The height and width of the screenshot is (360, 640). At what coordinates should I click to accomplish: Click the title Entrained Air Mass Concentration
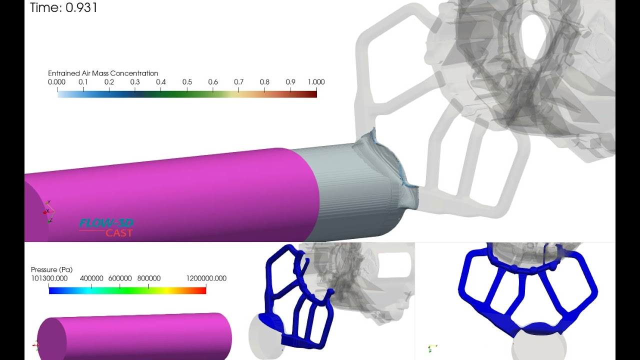point(103,73)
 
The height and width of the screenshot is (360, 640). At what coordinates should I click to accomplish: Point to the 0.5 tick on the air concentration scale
point(187,82)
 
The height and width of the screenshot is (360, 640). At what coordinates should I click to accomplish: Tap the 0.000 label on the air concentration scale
point(56,82)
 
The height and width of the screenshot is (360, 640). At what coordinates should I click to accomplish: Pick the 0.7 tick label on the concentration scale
point(238,82)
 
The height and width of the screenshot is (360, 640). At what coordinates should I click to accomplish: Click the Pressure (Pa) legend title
point(51,270)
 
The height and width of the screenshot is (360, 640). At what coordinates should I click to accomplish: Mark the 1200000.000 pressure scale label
point(206,278)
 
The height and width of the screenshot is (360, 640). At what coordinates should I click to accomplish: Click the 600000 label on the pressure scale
point(119,278)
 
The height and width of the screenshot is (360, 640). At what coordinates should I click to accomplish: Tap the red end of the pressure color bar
point(203,290)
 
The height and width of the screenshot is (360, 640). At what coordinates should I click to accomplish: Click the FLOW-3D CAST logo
point(106,227)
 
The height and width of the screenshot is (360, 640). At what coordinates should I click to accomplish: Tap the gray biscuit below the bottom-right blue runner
point(540,345)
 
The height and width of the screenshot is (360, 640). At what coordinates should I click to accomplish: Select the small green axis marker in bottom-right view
point(431,347)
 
